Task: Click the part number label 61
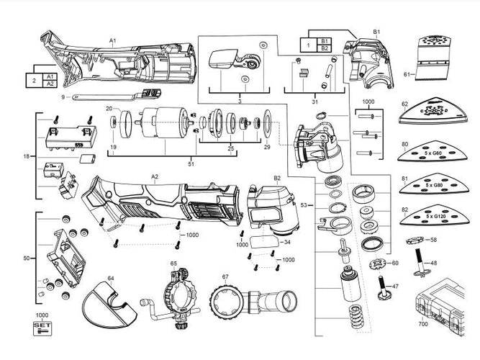pos(407,74)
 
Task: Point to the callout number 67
pos(225,276)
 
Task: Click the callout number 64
pos(111,277)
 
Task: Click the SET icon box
pos(43,328)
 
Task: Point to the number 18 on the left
pos(26,156)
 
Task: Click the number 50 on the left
pos(26,257)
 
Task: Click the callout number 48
pos(433,264)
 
